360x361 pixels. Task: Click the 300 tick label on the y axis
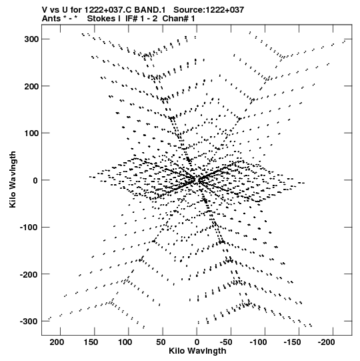coord(31,39)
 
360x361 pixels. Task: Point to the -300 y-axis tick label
coord(29,321)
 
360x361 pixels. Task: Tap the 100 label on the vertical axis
coord(31,133)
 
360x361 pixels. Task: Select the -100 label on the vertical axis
coord(29,228)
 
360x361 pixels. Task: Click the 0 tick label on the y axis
coord(35,180)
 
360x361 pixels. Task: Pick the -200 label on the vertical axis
coord(29,274)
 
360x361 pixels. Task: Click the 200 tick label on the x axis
coord(57,342)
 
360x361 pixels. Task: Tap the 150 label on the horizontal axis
coord(91,342)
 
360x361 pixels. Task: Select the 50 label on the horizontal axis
coord(161,342)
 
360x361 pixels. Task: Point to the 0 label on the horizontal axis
coord(197,342)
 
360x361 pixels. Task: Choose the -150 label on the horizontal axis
coord(292,342)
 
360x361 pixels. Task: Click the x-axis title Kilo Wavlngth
coord(197,351)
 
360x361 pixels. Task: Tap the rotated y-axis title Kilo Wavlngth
coord(13,179)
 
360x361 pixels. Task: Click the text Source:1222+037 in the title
coord(209,10)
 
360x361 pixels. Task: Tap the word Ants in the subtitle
coord(51,19)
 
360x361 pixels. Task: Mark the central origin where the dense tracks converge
coord(197,179)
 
